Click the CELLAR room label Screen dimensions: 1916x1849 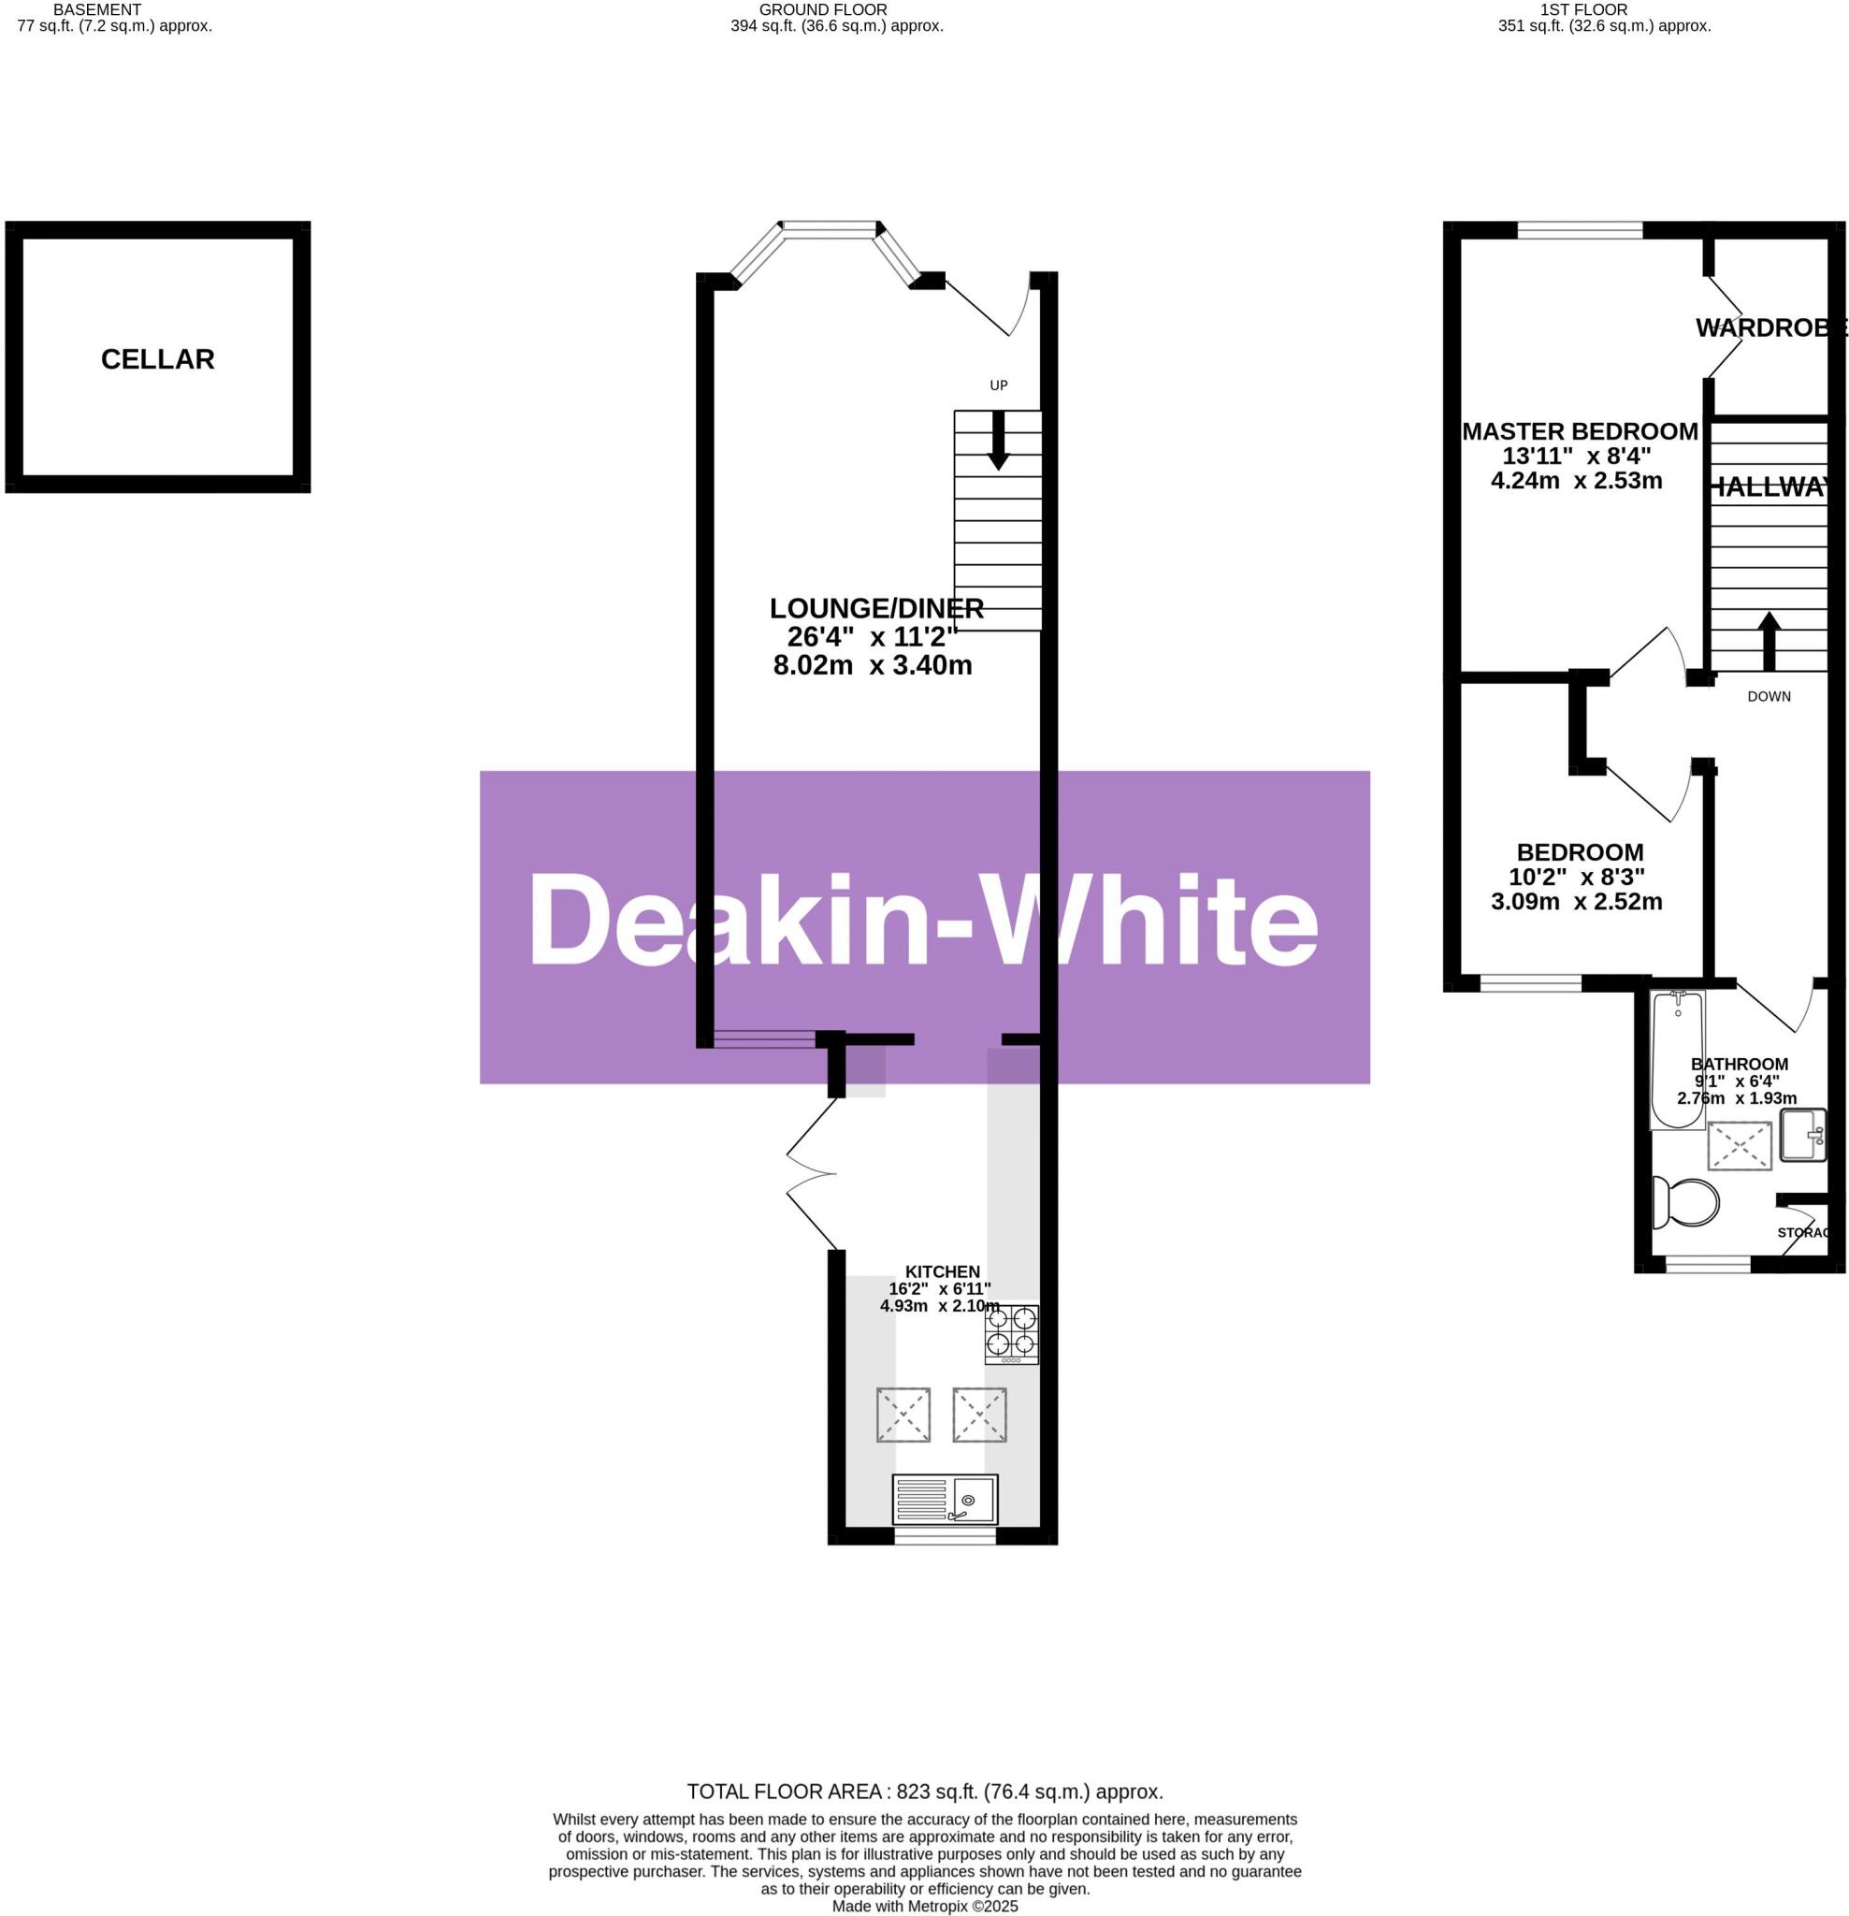(157, 360)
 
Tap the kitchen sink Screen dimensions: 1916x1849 (944, 1499)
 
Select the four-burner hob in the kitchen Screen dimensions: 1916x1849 (1010, 1333)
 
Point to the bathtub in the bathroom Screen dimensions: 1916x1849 (1677, 1060)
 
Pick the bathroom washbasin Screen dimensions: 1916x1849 (1802, 1135)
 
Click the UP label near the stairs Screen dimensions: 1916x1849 (998, 385)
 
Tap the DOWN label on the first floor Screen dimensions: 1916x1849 (1769, 697)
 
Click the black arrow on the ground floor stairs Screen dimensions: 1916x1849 (998, 440)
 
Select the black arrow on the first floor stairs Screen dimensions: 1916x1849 (1769, 640)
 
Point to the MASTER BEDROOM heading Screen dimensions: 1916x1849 (1580, 431)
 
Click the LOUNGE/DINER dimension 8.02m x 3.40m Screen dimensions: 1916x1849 (872, 667)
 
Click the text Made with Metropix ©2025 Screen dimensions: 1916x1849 (924, 1907)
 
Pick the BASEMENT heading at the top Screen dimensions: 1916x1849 (96, 9)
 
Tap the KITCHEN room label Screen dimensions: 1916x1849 (942, 1271)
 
